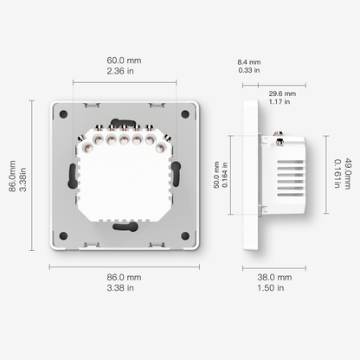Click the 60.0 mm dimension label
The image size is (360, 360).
(x=125, y=61)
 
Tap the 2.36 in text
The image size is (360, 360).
(x=125, y=73)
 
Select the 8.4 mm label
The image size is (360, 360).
(x=248, y=62)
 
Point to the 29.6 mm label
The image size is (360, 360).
(x=282, y=93)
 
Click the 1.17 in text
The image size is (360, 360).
(x=282, y=102)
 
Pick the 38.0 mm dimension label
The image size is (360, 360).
(x=276, y=278)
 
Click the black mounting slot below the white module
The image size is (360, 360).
(x=125, y=227)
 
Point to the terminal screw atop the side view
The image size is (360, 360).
(x=280, y=134)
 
